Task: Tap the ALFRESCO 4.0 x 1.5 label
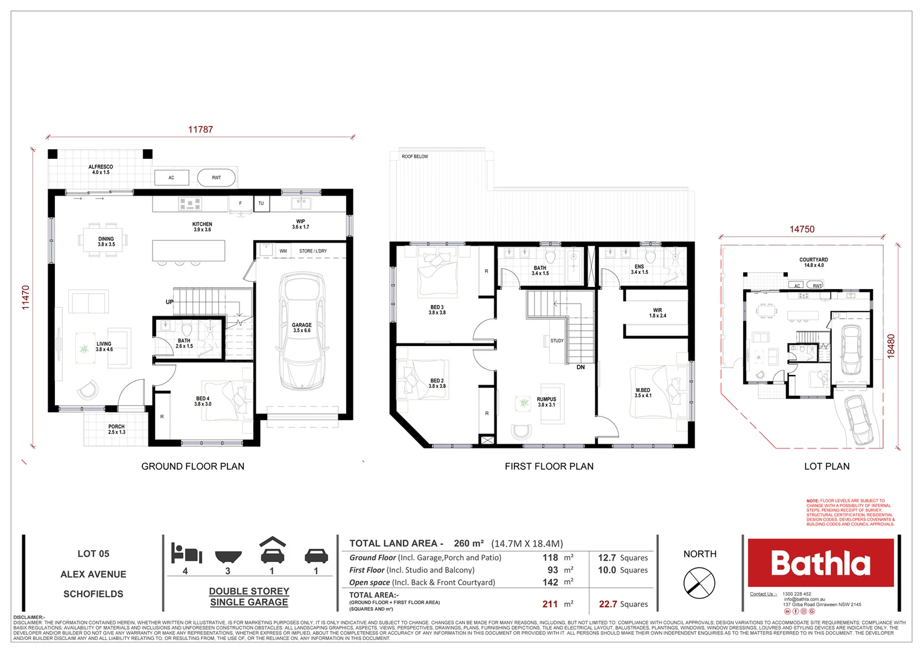101,170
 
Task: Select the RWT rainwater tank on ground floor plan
216,177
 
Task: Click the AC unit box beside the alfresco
171,177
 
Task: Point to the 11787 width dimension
200,129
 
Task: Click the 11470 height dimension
25,298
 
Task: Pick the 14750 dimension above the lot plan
802,229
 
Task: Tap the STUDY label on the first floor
557,341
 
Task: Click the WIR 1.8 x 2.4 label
658,313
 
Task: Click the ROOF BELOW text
415,156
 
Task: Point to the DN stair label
580,367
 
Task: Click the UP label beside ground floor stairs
170,302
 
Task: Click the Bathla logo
820,563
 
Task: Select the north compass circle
699,584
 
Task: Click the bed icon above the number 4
186,552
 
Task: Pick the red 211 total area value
550,604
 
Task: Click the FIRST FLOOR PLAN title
549,466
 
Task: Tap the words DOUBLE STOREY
249,591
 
